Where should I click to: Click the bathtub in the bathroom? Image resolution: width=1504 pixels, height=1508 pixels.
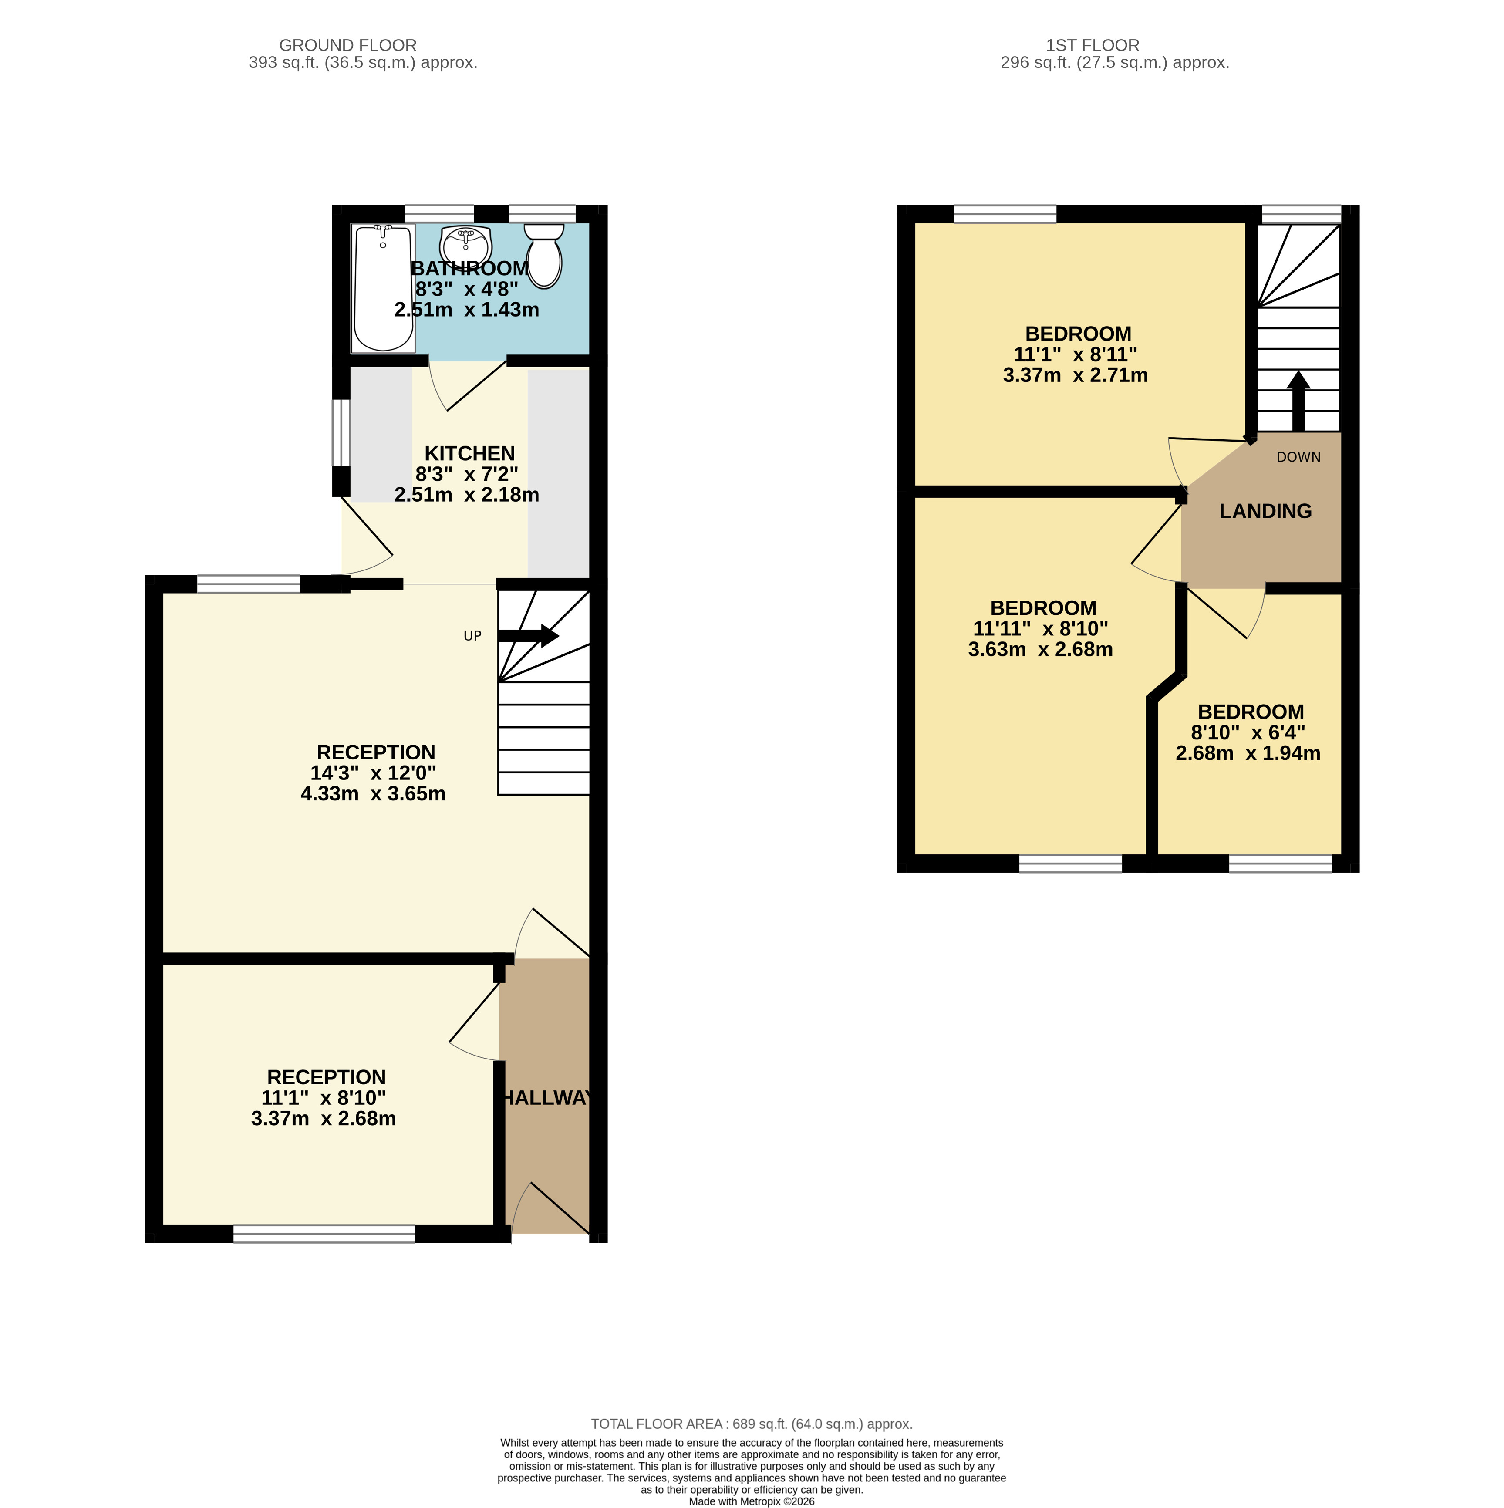click(383, 288)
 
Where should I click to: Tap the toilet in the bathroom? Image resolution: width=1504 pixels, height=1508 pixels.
click(544, 255)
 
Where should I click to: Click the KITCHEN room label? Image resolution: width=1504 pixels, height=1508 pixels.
click(469, 453)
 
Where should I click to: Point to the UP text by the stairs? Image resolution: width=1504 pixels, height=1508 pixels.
click(472, 636)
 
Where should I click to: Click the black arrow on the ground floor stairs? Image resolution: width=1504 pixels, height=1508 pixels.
click(528, 636)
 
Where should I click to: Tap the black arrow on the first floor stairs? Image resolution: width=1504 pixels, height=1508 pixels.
click(1298, 401)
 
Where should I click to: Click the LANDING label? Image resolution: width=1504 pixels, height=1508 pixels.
click(1265, 511)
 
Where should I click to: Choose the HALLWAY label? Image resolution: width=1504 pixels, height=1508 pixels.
click(546, 1098)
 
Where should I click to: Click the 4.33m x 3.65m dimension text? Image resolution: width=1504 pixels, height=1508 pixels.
click(373, 794)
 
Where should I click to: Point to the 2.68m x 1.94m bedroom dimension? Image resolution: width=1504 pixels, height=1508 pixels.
click(1248, 753)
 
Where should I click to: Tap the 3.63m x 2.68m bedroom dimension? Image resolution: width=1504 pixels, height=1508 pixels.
click(1040, 649)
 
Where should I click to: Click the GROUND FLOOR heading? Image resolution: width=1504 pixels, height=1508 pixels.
click(348, 45)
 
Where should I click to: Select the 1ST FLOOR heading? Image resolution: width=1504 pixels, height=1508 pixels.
click(1093, 45)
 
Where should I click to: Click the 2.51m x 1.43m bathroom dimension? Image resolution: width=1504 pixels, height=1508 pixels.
click(467, 310)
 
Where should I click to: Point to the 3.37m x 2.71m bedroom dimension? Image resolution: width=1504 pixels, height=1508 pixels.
click(1076, 375)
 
